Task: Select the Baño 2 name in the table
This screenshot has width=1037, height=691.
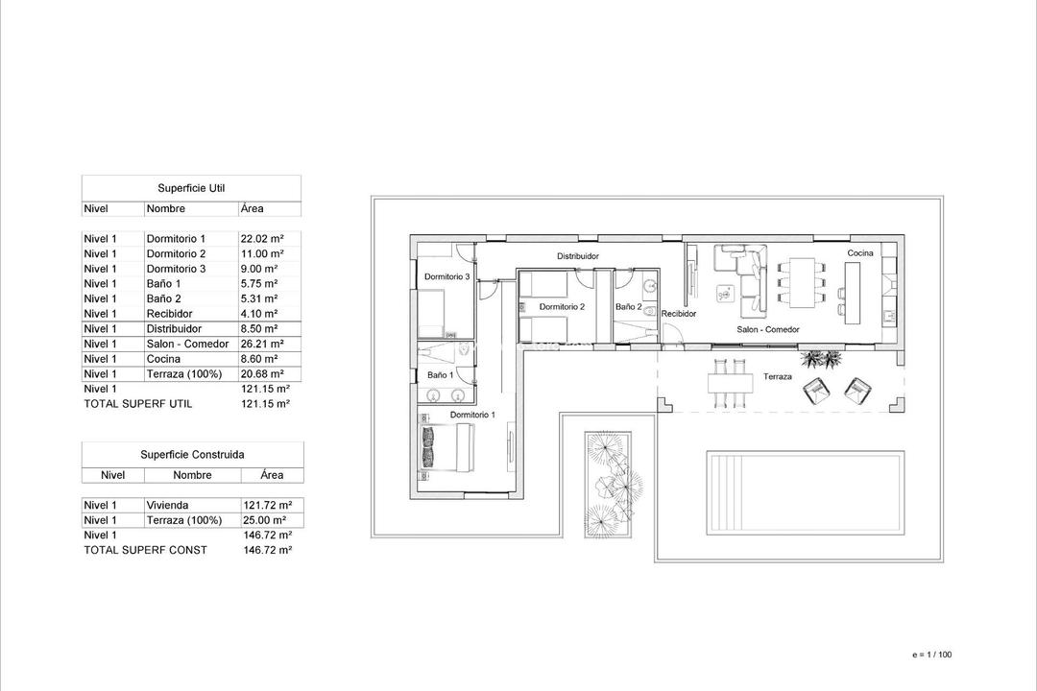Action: point(162,298)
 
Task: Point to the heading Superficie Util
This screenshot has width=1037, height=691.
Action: point(191,189)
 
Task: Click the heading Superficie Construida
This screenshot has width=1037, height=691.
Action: point(192,454)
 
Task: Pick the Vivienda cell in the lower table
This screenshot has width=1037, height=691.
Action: point(167,505)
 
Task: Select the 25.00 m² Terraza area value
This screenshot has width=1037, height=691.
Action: point(267,520)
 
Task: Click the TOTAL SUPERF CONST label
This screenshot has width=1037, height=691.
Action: point(145,550)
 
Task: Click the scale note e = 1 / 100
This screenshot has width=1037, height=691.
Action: point(932,655)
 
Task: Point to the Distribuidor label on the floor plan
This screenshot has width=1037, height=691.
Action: point(578,256)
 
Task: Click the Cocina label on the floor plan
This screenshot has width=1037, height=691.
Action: point(859,253)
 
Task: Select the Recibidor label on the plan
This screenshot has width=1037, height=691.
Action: point(678,314)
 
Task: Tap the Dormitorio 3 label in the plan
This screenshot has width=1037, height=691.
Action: point(446,277)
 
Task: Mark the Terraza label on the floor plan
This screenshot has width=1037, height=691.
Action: point(778,377)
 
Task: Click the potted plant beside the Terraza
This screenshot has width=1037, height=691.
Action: point(822,360)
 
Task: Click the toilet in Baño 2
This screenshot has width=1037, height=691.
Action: point(649,312)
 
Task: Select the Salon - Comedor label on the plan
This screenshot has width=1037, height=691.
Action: point(768,329)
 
